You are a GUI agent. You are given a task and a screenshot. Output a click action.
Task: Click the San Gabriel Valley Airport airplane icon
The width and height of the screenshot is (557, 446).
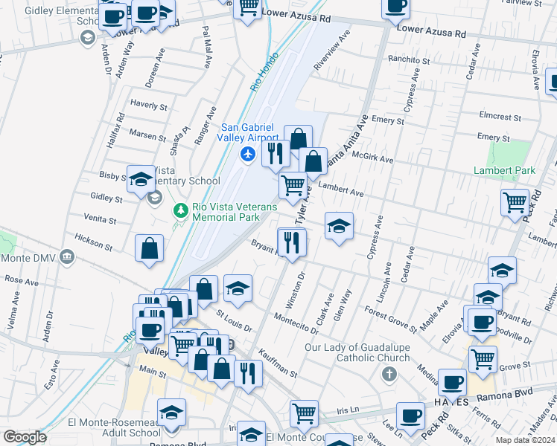click(248, 154)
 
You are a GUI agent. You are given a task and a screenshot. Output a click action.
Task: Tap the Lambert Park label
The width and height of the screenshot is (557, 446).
click(504, 171)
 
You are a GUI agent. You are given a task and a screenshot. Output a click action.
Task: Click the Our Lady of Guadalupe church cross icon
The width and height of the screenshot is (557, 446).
click(389, 374)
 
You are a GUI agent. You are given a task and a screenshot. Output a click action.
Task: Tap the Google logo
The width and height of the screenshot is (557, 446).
click(25, 437)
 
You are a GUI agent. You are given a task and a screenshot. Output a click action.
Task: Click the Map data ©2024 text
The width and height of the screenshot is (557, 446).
click(525, 440)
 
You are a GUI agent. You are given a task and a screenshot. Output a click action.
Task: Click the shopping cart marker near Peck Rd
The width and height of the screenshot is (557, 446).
click(515, 202)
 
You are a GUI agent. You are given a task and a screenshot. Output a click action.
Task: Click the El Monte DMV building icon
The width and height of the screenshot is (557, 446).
click(67, 258)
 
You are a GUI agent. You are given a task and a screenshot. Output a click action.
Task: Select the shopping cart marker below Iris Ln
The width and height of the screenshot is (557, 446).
click(304, 413)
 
